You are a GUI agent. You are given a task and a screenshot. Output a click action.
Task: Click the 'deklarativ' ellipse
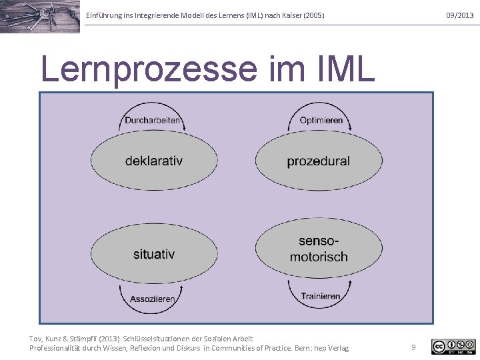(x=154, y=161)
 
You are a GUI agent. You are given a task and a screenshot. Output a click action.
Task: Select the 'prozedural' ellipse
(x=319, y=161)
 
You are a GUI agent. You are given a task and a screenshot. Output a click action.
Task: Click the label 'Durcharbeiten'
(x=153, y=121)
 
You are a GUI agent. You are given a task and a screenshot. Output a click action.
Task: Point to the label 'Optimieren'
(x=321, y=121)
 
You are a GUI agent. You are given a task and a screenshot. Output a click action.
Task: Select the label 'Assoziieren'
(x=153, y=299)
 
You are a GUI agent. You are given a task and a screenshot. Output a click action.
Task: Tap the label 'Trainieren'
(x=320, y=296)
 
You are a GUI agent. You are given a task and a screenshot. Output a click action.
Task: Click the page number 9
(x=413, y=347)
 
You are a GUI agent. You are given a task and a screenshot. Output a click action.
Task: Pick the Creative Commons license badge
(x=453, y=346)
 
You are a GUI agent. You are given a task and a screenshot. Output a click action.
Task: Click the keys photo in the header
(x=40, y=16)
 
